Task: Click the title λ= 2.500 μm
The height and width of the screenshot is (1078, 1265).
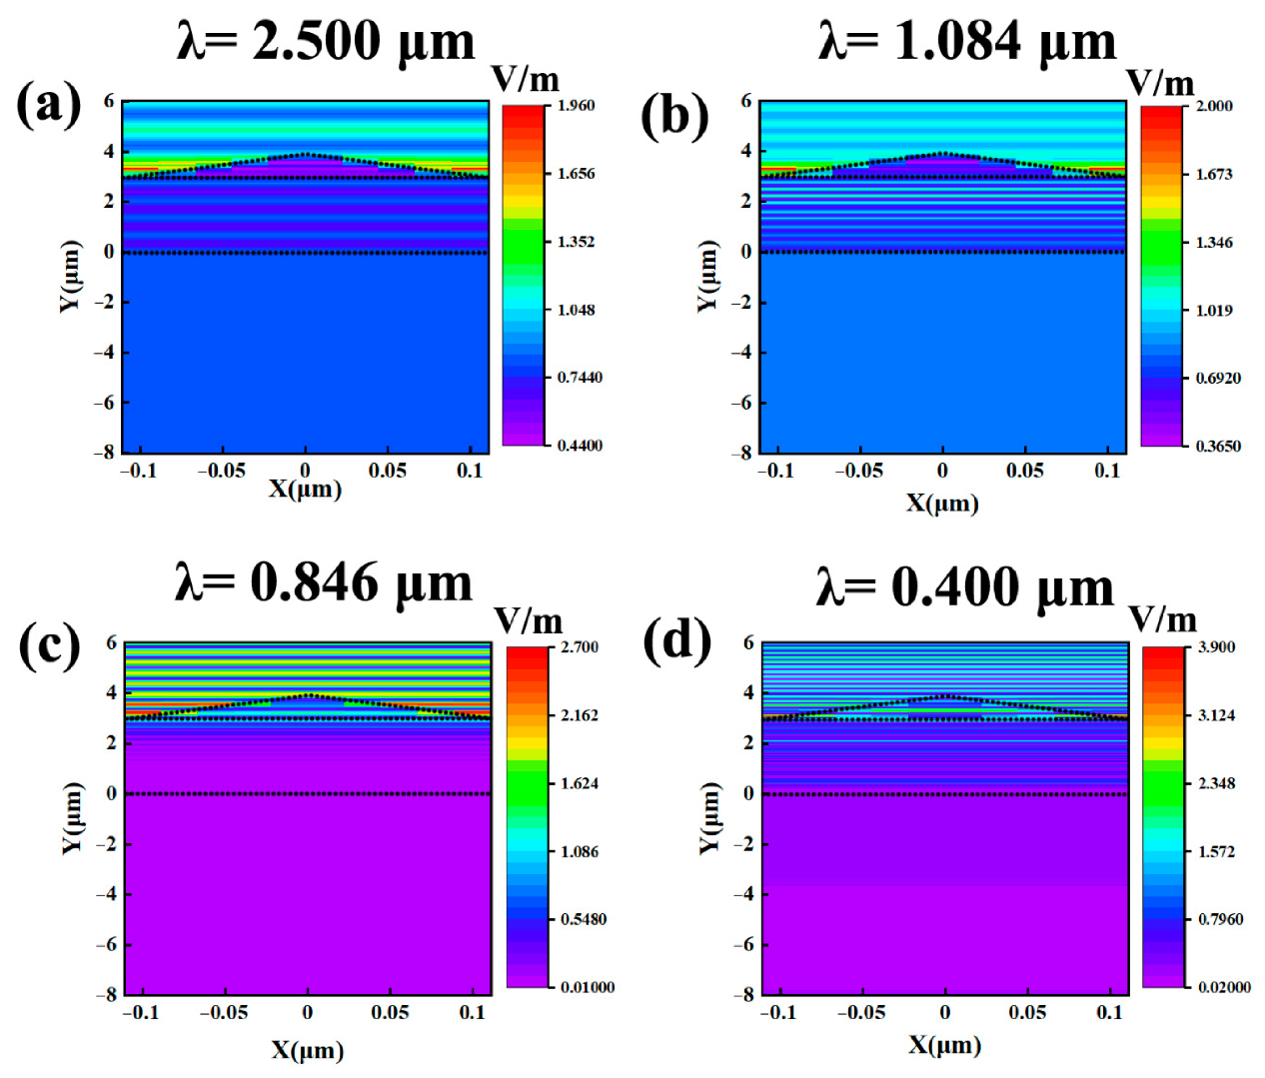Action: pyautogui.click(x=326, y=42)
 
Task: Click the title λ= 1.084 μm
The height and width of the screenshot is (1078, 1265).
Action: pyautogui.click(x=966, y=42)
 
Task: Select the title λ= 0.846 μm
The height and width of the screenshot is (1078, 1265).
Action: pyautogui.click(x=323, y=583)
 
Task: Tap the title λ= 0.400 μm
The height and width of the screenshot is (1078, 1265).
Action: pyautogui.click(x=964, y=587)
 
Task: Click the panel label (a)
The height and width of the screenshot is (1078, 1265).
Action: pyautogui.click(x=48, y=104)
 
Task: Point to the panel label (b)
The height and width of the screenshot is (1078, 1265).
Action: pyautogui.click(x=674, y=115)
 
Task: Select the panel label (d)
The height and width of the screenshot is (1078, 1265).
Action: pyautogui.click(x=676, y=640)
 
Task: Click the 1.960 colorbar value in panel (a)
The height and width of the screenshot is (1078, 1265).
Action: pyautogui.click(x=576, y=106)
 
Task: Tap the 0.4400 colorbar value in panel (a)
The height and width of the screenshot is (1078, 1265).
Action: pyautogui.click(x=580, y=446)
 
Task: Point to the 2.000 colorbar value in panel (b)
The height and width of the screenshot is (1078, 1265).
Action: pyautogui.click(x=1214, y=106)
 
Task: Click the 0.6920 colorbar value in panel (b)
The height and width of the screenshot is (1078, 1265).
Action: pyautogui.click(x=1218, y=378)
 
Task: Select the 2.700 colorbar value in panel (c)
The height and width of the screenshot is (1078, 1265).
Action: pyautogui.click(x=580, y=647)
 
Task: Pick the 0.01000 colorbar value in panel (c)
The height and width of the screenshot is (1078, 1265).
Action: pyautogui.click(x=588, y=987)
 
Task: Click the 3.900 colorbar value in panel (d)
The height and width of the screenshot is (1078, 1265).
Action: pyautogui.click(x=1216, y=647)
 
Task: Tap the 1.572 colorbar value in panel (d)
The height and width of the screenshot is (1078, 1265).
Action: pyautogui.click(x=1216, y=851)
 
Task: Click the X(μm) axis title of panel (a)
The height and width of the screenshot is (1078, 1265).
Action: pyautogui.click(x=305, y=489)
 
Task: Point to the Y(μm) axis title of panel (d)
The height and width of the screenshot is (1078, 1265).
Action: pyautogui.click(x=708, y=817)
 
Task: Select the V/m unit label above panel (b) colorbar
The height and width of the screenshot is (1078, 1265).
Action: pyautogui.click(x=1160, y=83)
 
